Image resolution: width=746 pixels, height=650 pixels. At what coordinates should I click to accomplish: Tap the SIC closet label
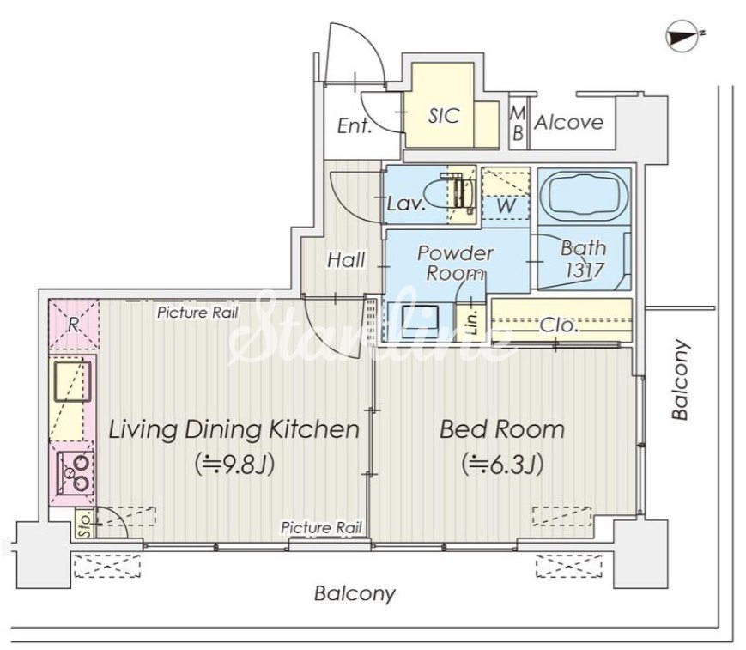pyautogui.click(x=444, y=116)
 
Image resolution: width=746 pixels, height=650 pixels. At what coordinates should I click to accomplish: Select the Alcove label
pyautogui.click(x=568, y=123)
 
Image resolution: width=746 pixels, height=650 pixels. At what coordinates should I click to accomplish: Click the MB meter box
pyautogui.click(x=518, y=124)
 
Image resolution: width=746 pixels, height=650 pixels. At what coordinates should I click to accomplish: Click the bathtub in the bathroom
pyautogui.click(x=585, y=196)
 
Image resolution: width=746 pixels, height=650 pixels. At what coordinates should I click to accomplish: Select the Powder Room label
pyautogui.click(x=455, y=263)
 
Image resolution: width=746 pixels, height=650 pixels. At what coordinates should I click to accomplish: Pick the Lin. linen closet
pyautogui.click(x=471, y=322)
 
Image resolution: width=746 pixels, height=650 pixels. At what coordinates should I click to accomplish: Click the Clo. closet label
pyautogui.click(x=559, y=325)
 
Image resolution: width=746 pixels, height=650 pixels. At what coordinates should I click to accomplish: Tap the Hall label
pyautogui.click(x=346, y=260)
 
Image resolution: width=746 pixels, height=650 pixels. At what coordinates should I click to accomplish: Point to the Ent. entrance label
pyautogui.click(x=354, y=126)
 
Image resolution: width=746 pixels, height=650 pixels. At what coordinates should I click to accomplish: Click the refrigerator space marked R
pyautogui.click(x=73, y=325)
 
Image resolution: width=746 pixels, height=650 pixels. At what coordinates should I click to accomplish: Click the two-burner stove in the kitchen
pyautogui.click(x=75, y=472)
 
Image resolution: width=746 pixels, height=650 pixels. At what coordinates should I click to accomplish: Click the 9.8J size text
pyautogui.click(x=234, y=464)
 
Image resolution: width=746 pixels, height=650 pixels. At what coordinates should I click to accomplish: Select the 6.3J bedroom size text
pyautogui.click(x=502, y=464)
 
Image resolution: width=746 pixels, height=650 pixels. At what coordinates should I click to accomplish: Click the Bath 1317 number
pyautogui.click(x=585, y=270)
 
